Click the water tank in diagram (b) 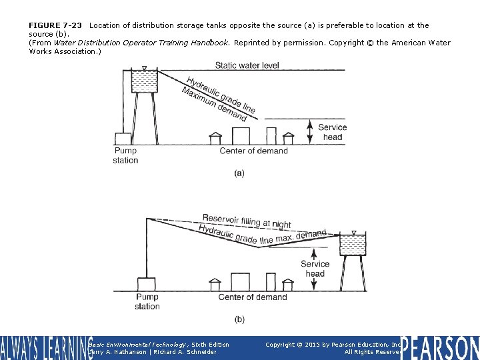point(353,245)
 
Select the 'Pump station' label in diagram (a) point(125,155)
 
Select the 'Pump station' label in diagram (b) point(147,302)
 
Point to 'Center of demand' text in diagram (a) point(253,151)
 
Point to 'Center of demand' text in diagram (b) point(253,297)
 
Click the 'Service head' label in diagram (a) point(332,132)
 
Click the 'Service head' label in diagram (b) point(315,269)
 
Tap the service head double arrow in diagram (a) point(310,131)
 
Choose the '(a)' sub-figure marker point(239,173)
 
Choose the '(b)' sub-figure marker point(239,319)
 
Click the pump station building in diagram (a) point(123,139)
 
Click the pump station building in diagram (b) point(146,284)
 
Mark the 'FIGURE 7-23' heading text point(55,25)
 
